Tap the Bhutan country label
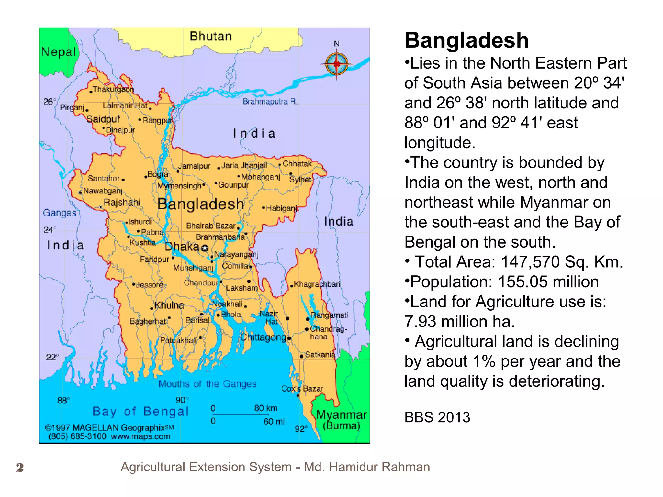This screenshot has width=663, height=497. pyautogui.click(x=211, y=36)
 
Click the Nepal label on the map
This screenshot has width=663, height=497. pyautogui.click(x=59, y=52)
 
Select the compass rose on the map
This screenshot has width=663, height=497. pyautogui.click(x=337, y=64)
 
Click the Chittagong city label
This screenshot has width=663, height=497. pyautogui.click(x=263, y=337)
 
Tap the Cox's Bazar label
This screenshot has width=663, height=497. pyautogui.click(x=302, y=389)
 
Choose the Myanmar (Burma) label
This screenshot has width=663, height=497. pyautogui.click(x=342, y=420)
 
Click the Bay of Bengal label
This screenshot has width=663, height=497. pyautogui.click(x=140, y=411)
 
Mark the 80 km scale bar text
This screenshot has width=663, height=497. pyautogui.click(x=266, y=408)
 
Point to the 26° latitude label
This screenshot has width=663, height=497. pyautogui.click(x=50, y=102)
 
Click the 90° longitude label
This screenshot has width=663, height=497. pyautogui.click(x=182, y=400)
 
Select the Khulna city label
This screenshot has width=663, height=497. pyautogui.click(x=169, y=305)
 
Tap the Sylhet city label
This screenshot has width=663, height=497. pyautogui.click(x=300, y=180)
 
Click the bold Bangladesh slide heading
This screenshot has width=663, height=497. pyautogui.click(x=466, y=40)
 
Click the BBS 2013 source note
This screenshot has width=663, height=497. pyautogui.click(x=437, y=417)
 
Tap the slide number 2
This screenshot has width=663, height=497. pyautogui.click(x=20, y=468)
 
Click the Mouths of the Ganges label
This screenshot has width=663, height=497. pyautogui.click(x=207, y=384)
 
